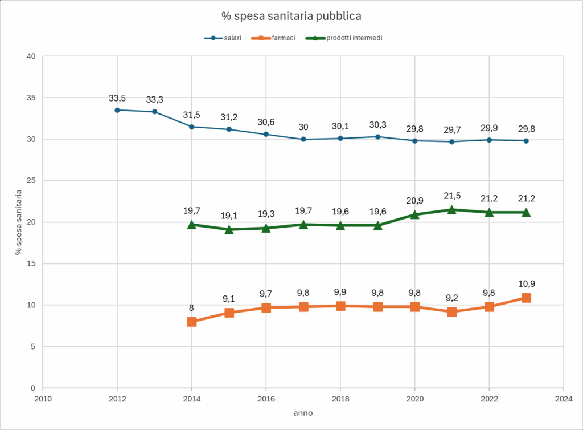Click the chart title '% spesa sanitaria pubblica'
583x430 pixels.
(291, 14)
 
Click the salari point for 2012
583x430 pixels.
(117, 110)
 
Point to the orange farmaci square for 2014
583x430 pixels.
(192, 322)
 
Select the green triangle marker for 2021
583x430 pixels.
(451, 209)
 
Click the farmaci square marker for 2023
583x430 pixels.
(526, 298)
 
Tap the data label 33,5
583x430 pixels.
(117, 98)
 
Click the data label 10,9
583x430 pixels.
(526, 284)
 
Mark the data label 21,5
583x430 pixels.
(451, 196)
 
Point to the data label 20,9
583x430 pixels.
(414, 201)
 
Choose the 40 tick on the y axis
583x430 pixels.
(31, 56)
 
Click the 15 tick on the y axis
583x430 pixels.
(31, 263)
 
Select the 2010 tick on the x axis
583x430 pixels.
(43, 398)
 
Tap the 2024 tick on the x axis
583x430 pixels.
(563, 398)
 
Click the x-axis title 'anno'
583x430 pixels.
(302, 412)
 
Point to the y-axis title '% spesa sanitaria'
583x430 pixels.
(19, 222)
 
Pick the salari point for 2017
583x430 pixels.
(303, 139)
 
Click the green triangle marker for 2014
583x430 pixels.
(192, 224)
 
